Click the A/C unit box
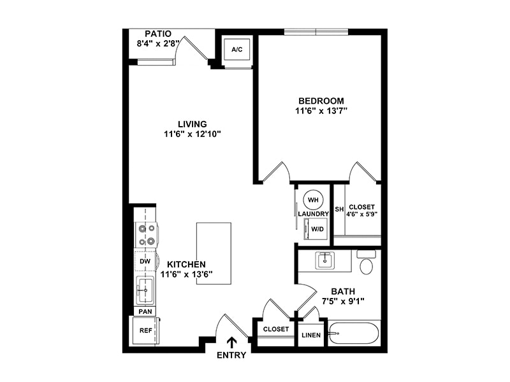click(x=237, y=49)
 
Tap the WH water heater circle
click(x=313, y=200)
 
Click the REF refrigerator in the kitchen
click(x=146, y=330)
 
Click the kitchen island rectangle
click(x=214, y=253)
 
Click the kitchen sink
click(x=146, y=290)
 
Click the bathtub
click(x=354, y=334)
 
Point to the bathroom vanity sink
click(x=325, y=260)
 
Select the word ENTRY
click(x=231, y=355)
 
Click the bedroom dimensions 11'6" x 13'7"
click(x=321, y=111)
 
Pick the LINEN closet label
click(x=311, y=335)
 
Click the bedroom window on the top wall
click(x=316, y=31)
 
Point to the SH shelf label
click(x=339, y=209)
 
